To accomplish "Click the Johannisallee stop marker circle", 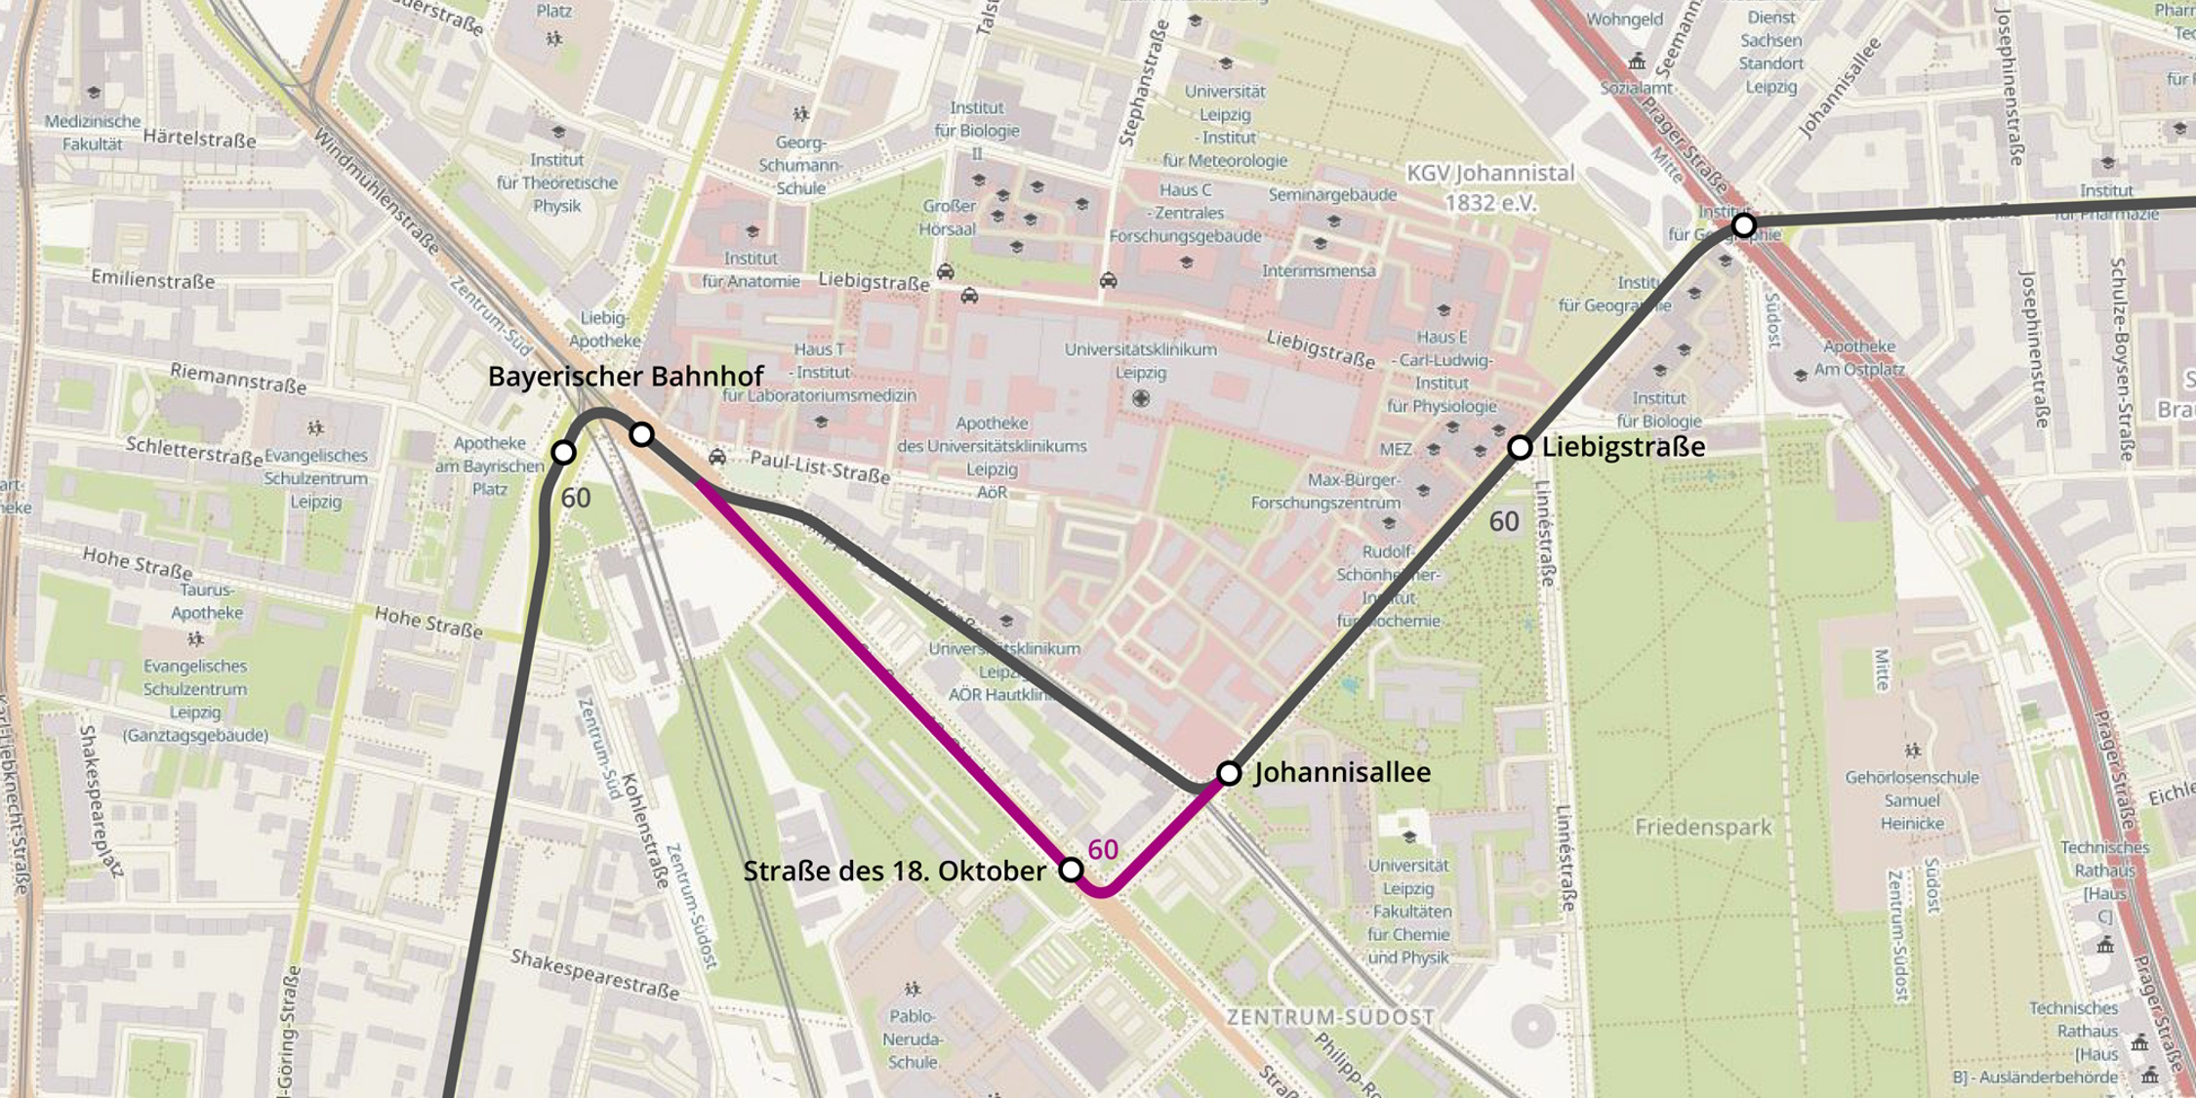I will (x=1229, y=773).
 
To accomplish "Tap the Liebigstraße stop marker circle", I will (x=1520, y=447).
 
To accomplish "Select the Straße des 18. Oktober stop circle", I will (x=1071, y=869).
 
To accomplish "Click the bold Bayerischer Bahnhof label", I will (x=625, y=377).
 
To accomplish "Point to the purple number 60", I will (x=1102, y=849).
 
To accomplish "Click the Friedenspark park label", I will (x=1702, y=828).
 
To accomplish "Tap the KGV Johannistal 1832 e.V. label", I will (x=1490, y=187).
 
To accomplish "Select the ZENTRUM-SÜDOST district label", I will (x=1329, y=1017).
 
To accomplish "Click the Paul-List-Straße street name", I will (x=820, y=467).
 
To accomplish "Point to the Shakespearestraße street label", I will (x=594, y=973).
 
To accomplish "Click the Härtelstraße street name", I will (x=199, y=139).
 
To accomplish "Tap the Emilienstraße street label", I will (x=152, y=280).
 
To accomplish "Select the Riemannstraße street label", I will (x=238, y=378).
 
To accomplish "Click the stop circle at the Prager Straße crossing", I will (x=1743, y=225).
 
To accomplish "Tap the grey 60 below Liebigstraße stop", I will (x=1503, y=522).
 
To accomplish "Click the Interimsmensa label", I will (x=1319, y=270).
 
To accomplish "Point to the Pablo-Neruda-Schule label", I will (x=913, y=1038).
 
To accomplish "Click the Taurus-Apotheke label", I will (x=207, y=601).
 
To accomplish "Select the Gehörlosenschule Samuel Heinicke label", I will (x=1911, y=800).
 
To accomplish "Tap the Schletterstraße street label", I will (x=194, y=451).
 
